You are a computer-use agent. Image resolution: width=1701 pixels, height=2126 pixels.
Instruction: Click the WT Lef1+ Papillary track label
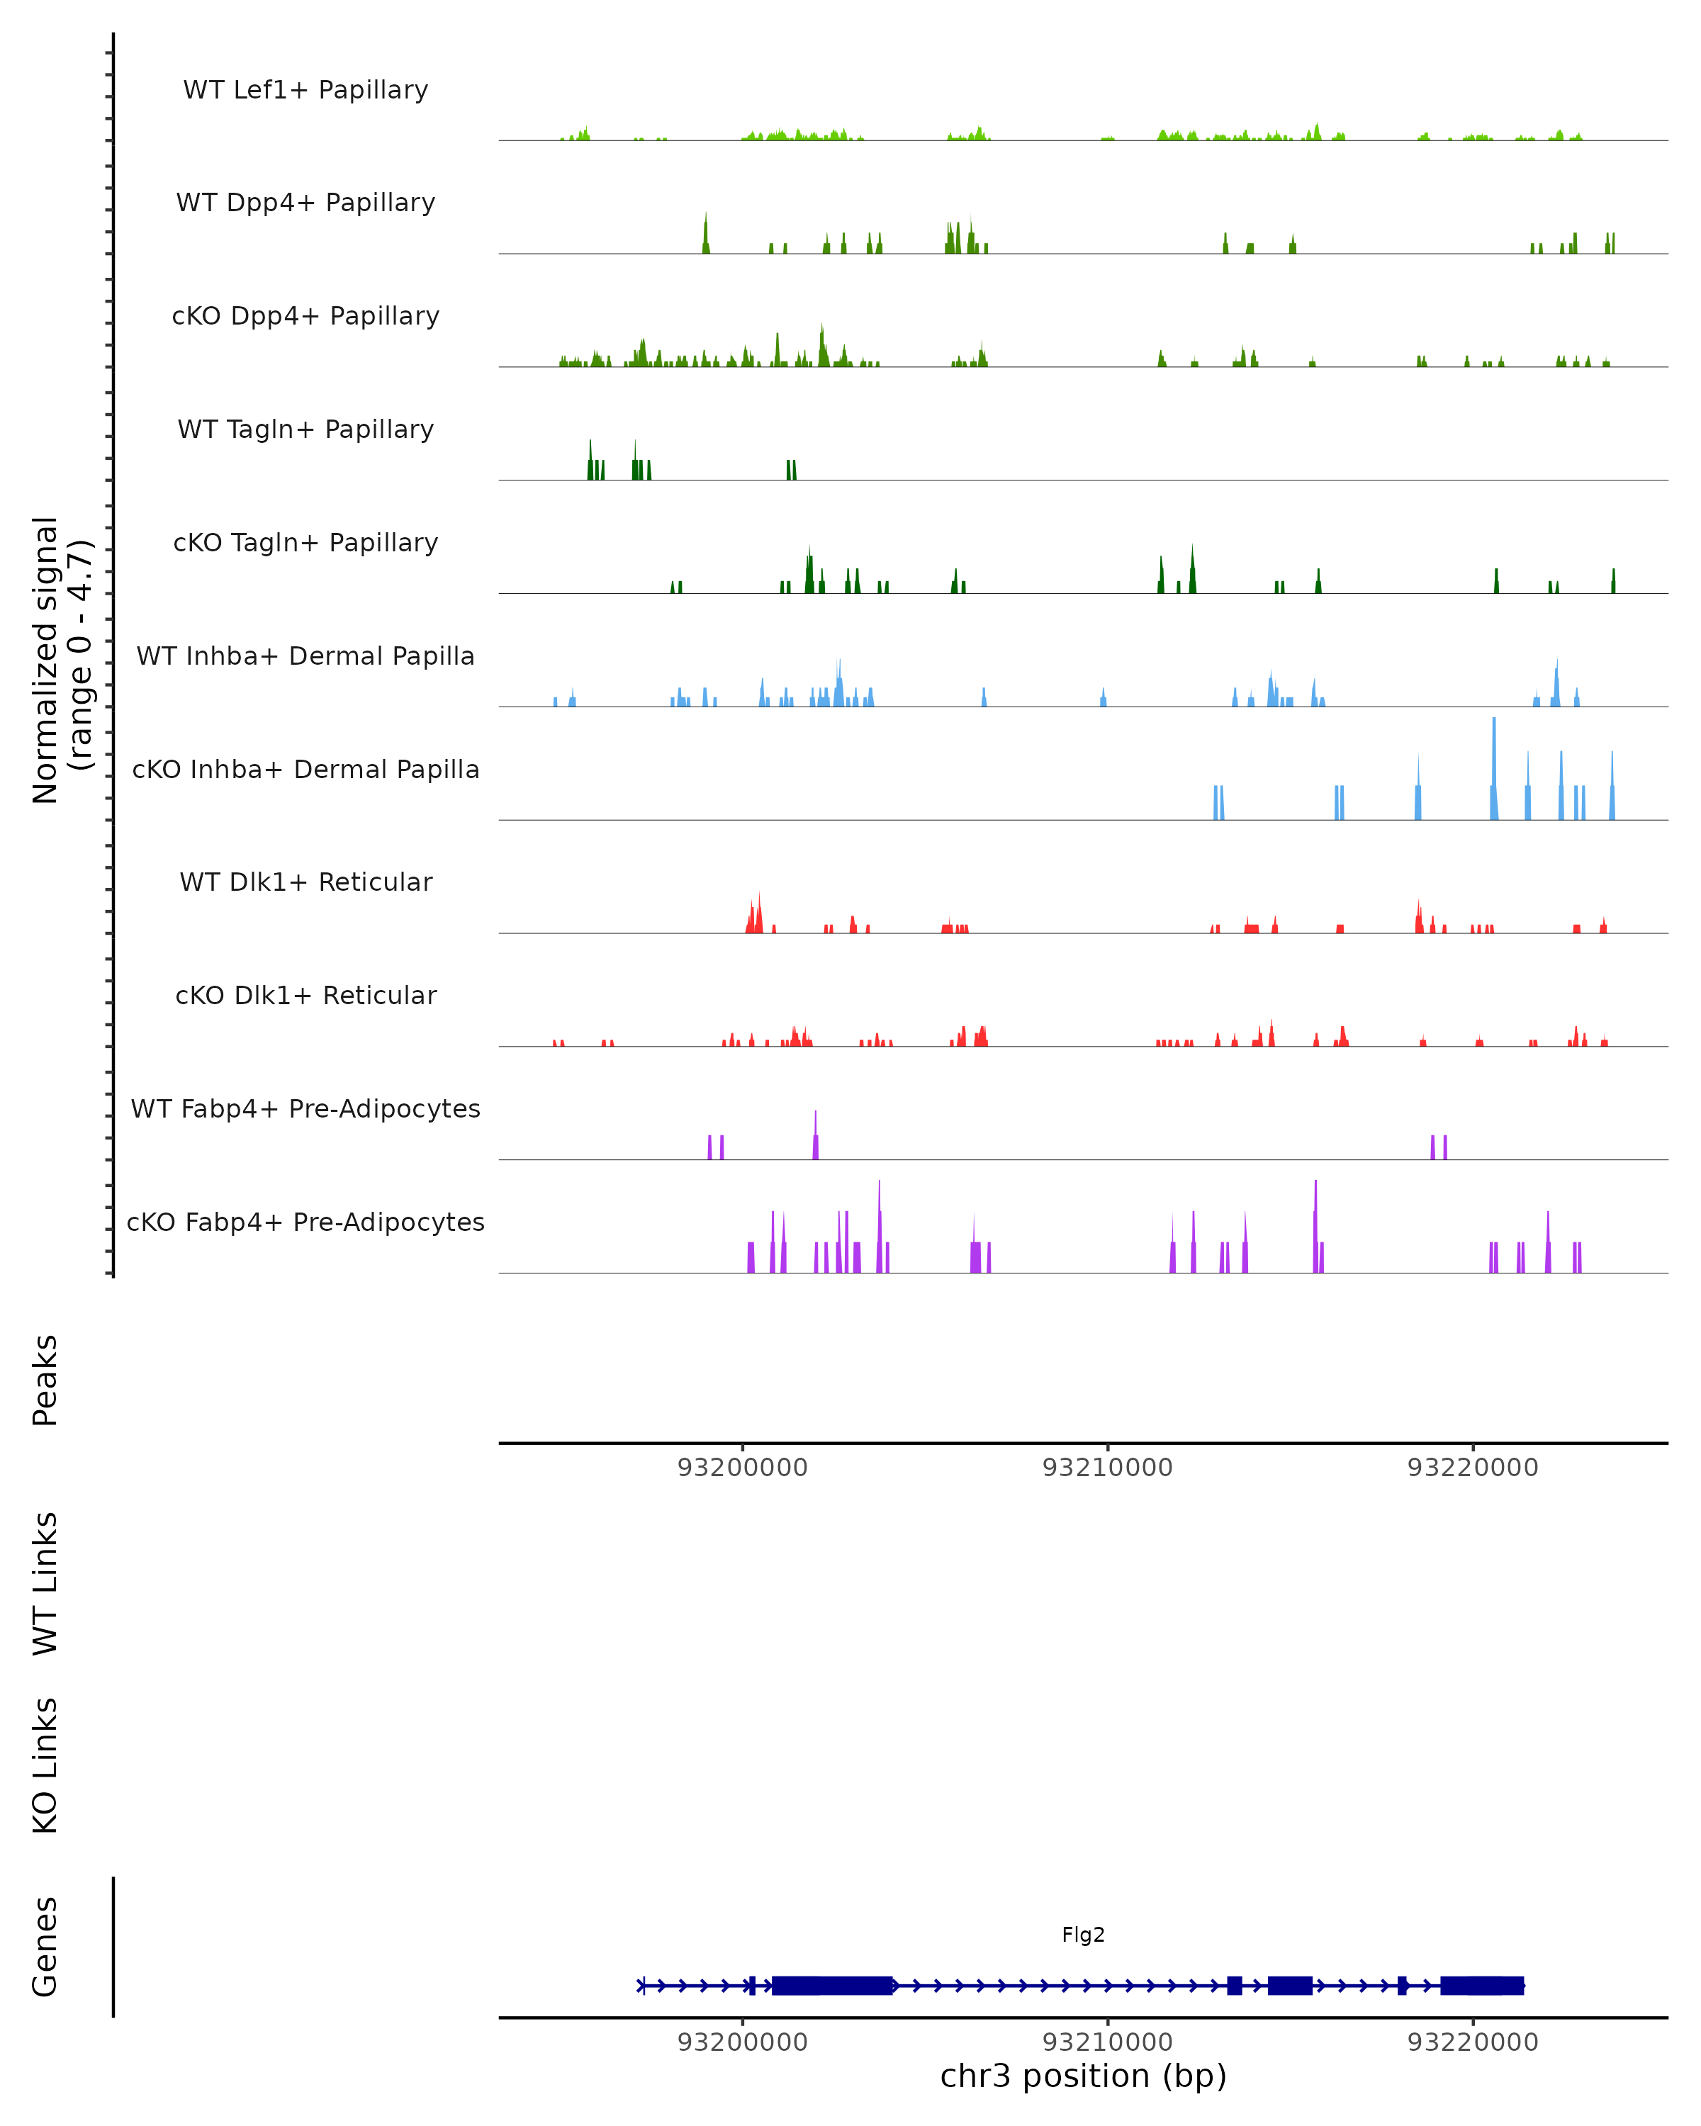[x=305, y=90]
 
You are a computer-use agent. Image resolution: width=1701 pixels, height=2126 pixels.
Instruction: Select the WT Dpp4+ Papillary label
[x=305, y=203]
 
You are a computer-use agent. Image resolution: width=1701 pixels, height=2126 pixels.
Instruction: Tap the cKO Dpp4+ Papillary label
[x=305, y=317]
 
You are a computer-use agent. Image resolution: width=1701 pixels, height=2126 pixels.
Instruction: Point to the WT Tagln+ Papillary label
[x=305, y=430]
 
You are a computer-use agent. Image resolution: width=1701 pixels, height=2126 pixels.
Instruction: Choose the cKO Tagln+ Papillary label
[x=305, y=544]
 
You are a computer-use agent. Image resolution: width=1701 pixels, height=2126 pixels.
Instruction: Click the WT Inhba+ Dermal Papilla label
[x=305, y=657]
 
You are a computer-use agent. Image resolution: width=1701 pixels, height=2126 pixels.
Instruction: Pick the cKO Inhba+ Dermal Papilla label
[x=305, y=770]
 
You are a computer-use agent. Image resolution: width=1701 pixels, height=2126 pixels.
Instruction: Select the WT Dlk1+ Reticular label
[x=305, y=882]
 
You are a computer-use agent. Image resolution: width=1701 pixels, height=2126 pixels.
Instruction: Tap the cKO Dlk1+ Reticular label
[x=305, y=996]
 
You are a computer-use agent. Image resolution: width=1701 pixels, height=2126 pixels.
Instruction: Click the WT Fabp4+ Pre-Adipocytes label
[x=305, y=1109]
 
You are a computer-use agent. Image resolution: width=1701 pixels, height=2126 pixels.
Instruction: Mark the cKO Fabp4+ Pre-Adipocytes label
[x=305, y=1222]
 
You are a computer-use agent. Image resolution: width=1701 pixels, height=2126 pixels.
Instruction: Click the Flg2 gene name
[x=1083, y=1935]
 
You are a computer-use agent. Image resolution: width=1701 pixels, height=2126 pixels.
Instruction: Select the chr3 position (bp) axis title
[x=1083, y=2076]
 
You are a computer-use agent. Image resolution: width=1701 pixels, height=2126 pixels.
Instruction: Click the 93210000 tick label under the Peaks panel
[x=1107, y=1468]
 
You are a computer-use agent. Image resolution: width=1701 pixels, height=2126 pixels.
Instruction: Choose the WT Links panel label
[x=45, y=1584]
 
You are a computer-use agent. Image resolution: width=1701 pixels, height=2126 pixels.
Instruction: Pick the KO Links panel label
[x=45, y=1766]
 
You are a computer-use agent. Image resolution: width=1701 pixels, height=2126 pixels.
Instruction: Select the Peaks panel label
[x=45, y=1380]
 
